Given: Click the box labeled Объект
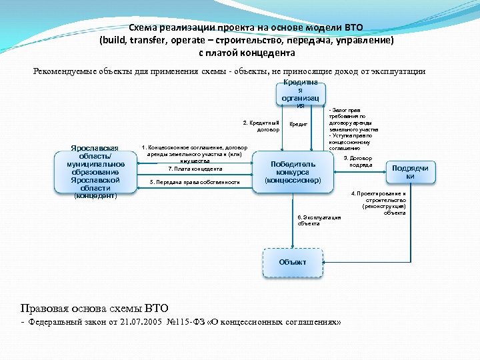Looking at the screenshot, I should (293, 262).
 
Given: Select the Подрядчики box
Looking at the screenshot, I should (410, 172).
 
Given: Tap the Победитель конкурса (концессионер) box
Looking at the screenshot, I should (293, 172).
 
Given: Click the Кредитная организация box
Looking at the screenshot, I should (300, 94).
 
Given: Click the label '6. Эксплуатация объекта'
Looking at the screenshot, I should (319, 220).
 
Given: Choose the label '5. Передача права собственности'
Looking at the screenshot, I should (195, 181).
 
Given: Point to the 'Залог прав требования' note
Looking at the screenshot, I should (353, 119).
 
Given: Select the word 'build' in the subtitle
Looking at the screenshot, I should (113, 40).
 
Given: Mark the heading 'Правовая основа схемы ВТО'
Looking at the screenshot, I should (95, 307).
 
